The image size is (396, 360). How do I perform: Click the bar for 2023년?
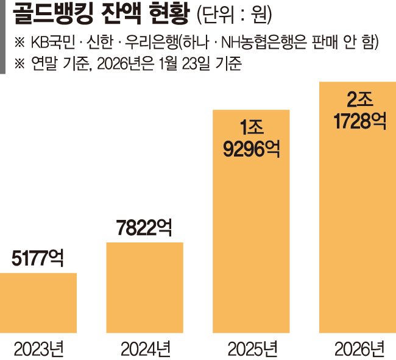38,303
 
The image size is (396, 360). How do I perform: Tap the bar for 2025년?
252,231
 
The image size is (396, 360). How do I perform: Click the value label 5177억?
38,259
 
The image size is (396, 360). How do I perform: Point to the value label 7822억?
144,228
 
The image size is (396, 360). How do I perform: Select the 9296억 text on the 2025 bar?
252,148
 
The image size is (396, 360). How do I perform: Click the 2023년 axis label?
38,348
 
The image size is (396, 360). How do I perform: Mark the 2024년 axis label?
144,348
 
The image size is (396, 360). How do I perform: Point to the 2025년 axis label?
252,348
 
